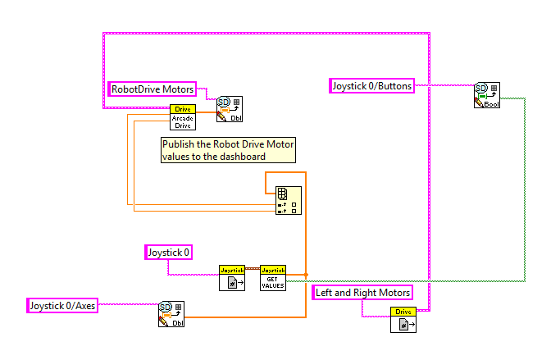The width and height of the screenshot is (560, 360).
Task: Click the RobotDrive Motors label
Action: [153, 89]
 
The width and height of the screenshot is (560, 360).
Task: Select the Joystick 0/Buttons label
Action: [371, 85]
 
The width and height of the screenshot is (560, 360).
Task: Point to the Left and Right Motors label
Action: [362, 292]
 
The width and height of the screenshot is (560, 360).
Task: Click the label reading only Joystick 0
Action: [169, 252]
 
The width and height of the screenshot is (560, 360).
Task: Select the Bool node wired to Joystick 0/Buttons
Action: [487, 95]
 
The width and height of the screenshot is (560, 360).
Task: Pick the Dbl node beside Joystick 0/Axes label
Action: [171, 314]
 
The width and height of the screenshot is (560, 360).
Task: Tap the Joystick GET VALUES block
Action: [273, 278]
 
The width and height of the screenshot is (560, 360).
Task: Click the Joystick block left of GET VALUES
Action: [231, 278]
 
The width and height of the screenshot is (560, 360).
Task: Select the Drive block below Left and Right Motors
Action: [403, 320]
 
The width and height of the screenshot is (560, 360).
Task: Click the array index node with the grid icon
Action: [287, 199]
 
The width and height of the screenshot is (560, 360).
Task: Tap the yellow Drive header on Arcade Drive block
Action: [182, 109]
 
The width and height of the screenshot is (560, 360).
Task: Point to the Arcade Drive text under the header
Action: [182, 121]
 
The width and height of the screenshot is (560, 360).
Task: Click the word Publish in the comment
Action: [180, 144]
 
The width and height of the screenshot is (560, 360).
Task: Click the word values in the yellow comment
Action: [175, 156]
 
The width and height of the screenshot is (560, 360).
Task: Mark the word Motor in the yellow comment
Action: [280, 144]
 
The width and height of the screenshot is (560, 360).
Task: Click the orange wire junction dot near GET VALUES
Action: [305, 276]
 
